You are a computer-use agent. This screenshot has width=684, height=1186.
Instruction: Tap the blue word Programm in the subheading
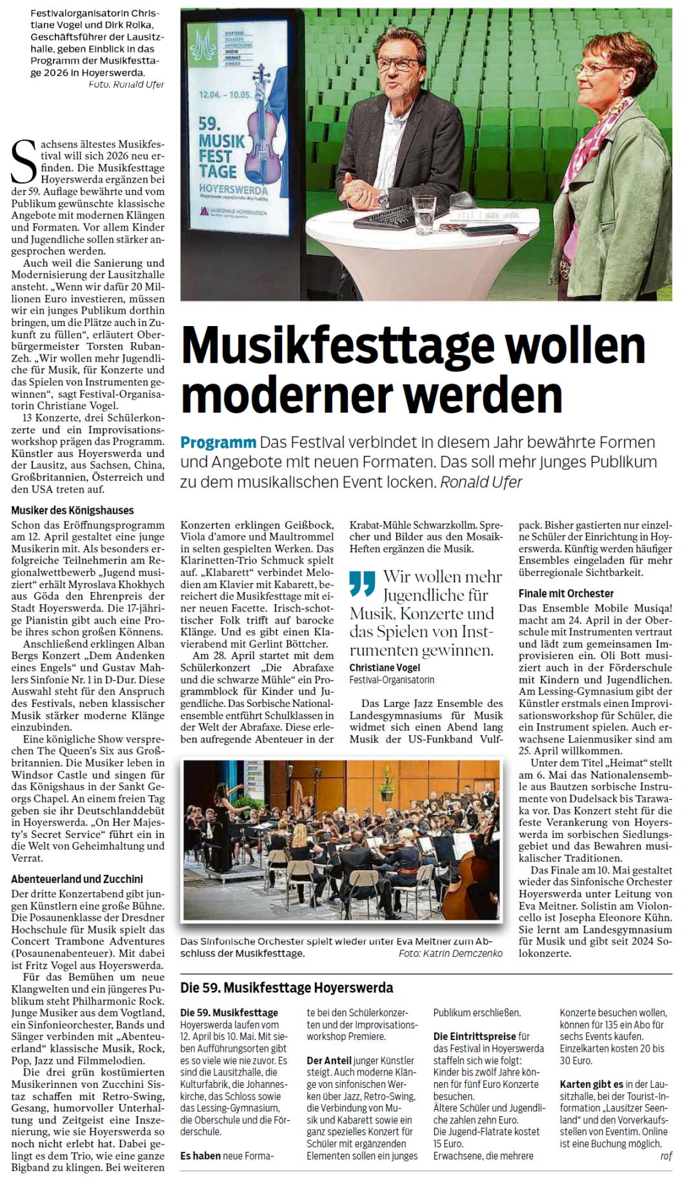tap(218, 443)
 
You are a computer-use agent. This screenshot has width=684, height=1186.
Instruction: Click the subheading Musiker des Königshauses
tap(72, 510)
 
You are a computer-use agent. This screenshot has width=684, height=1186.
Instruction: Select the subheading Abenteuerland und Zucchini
tap(77, 879)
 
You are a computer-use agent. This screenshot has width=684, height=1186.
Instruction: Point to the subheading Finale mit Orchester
tap(566, 593)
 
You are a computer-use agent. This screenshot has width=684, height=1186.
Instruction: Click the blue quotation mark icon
tap(362, 583)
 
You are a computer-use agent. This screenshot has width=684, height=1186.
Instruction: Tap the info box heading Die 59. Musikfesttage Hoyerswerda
tap(287, 988)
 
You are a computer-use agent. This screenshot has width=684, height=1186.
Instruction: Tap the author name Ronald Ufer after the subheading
tap(481, 482)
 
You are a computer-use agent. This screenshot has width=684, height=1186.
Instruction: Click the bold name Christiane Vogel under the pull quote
tap(385, 667)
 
